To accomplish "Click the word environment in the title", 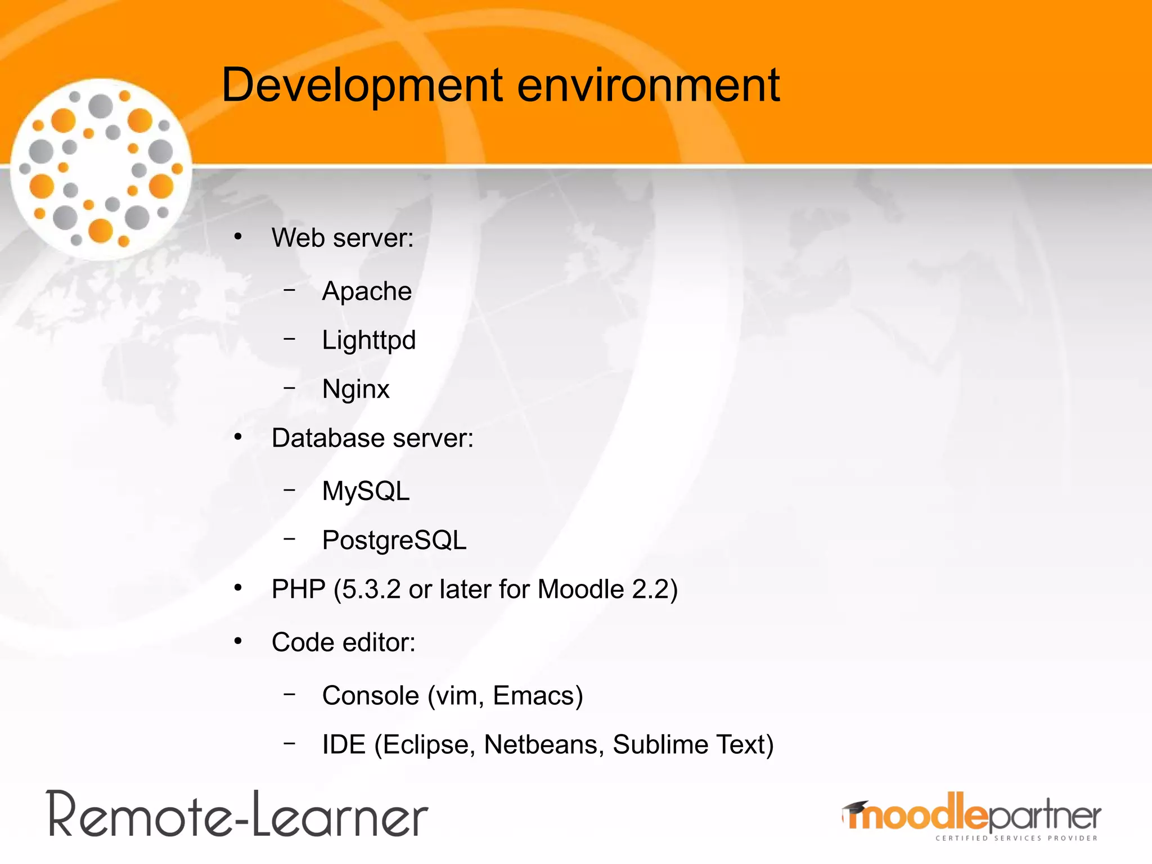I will click(648, 85).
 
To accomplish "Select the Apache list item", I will click(367, 291).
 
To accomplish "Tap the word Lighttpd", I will click(368, 340).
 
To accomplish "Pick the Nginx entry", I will click(355, 389).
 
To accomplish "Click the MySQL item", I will click(366, 491).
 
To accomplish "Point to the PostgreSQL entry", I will click(394, 541).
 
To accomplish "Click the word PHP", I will click(298, 589).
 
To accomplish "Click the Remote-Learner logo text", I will click(237, 815).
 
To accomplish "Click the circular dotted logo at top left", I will click(101, 169).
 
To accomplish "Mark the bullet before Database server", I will click(238, 437).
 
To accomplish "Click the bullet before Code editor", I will click(238, 641).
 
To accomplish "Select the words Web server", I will click(342, 238).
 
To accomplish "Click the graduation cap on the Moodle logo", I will click(855, 808).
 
